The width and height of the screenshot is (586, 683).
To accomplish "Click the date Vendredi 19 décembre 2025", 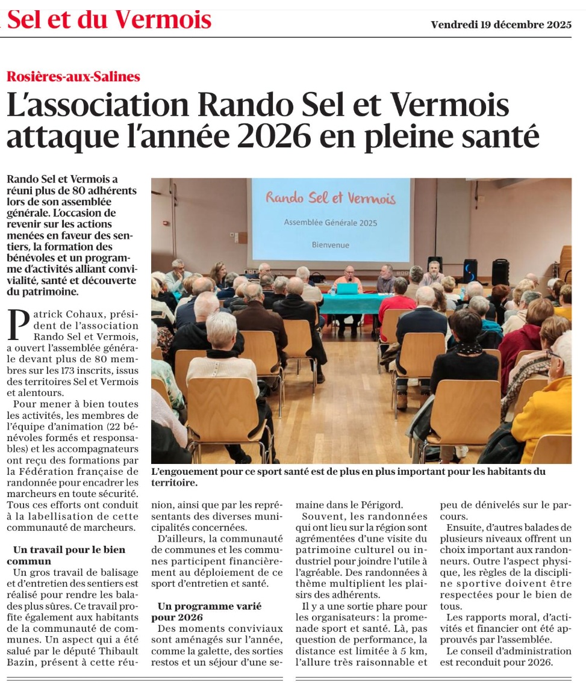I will tap(501, 25).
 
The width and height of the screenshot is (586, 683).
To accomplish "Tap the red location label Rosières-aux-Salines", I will tap(73, 76).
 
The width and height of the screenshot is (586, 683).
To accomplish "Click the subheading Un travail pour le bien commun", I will tap(69, 555).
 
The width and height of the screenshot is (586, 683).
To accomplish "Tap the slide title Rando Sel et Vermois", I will tap(330, 198).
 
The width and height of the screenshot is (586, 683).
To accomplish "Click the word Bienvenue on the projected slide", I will tap(330, 245).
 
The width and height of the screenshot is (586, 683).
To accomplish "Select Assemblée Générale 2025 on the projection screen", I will tap(330, 223).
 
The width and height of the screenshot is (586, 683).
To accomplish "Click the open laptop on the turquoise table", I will tap(347, 288).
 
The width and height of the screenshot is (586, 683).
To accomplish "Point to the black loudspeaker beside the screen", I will tap(500, 272).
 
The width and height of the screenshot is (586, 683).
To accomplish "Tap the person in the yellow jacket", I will tap(545, 415).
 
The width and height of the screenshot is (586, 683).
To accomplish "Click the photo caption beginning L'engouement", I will tap(348, 477).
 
